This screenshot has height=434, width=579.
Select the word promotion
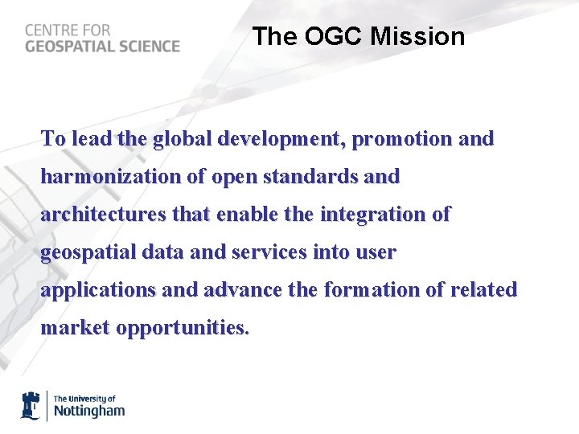tap(402, 139)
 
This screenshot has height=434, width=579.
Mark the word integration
tap(372, 215)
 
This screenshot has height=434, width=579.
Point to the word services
tap(267, 252)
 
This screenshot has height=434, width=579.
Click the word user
tap(376, 252)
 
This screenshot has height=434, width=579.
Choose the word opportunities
tap(183, 328)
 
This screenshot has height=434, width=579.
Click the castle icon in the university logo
tap(31, 406)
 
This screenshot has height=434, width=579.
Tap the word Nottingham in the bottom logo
tap(89, 411)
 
